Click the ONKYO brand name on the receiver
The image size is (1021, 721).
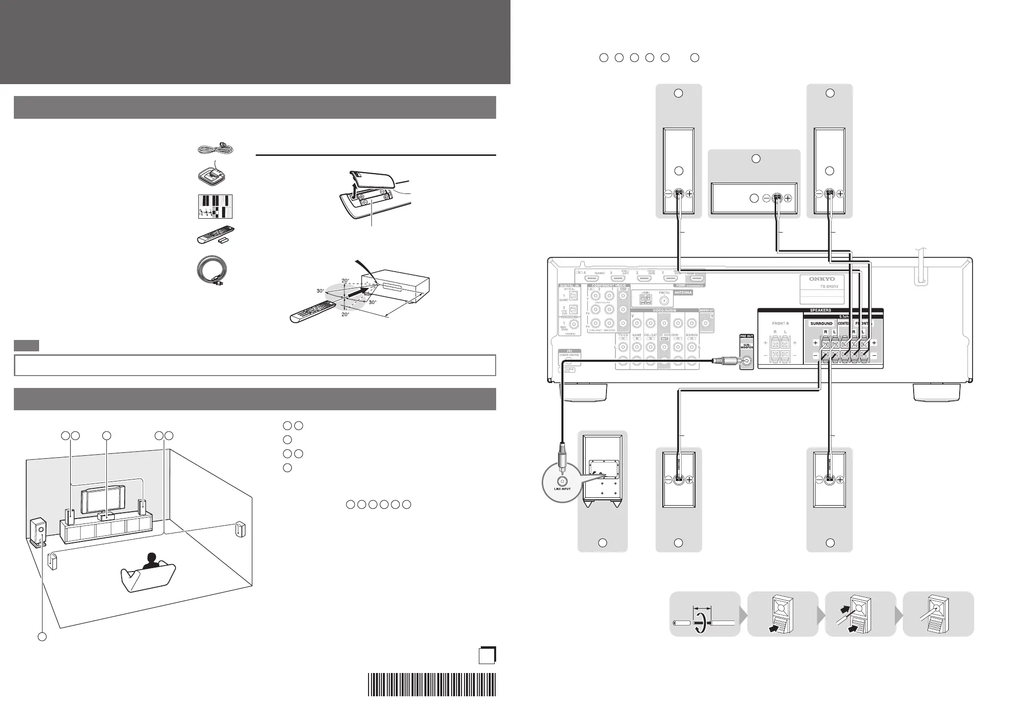pos(821,279)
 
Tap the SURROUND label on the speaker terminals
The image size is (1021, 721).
pos(821,324)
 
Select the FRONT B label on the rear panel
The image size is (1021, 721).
pos(781,323)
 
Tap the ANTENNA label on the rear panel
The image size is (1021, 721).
pos(684,292)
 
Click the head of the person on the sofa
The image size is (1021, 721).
pos(151,558)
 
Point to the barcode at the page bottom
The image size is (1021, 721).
pos(431,684)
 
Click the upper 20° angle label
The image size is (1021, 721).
pos(345,280)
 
